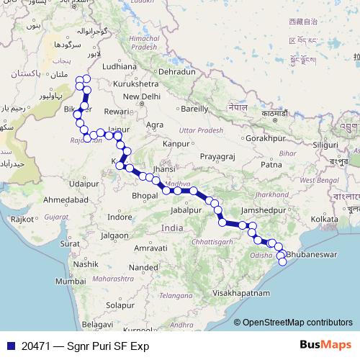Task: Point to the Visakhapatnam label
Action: click(241, 294)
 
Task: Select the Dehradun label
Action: click(178, 73)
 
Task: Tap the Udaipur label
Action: click(84, 184)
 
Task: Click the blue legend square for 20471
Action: click(10, 346)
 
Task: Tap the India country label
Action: click(172, 228)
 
